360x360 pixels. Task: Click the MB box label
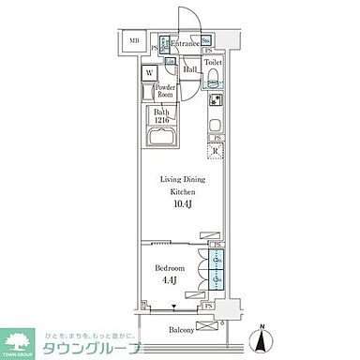[133, 41]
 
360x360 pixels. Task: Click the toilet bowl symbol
[214, 77]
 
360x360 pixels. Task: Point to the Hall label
[188, 68]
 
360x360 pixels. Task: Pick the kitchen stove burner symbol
[214, 101]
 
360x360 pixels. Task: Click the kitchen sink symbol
[214, 126]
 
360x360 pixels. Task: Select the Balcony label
[183, 330]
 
